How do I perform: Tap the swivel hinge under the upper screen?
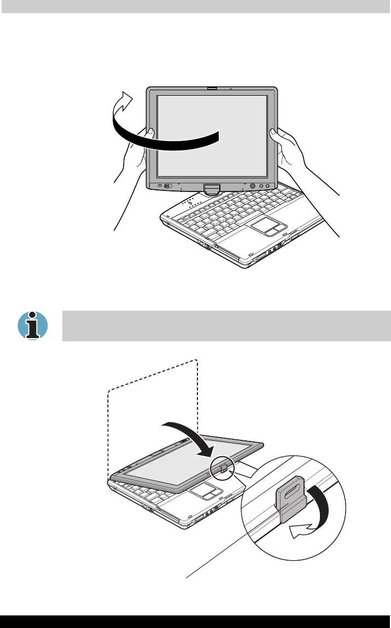tap(212, 189)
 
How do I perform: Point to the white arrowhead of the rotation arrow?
tap(126, 101)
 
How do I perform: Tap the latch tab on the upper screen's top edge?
tap(212, 88)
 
